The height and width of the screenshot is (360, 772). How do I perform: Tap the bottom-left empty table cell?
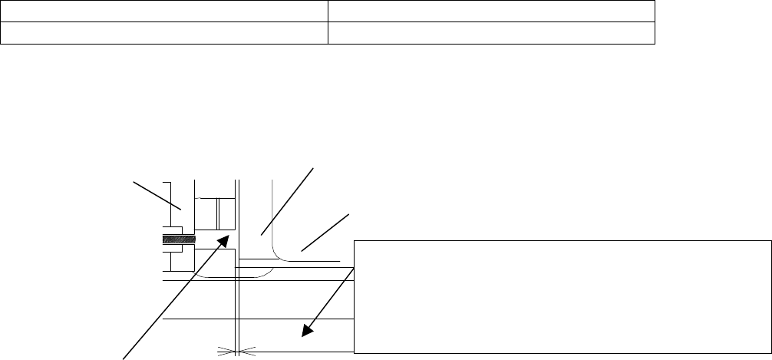point(164,32)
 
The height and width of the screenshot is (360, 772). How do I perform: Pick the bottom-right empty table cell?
point(491,32)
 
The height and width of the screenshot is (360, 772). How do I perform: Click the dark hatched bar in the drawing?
point(178,239)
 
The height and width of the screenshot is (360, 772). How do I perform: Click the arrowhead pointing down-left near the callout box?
point(306,331)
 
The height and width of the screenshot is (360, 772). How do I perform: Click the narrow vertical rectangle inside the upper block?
point(226,213)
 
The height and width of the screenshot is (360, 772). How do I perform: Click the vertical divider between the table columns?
point(328,21)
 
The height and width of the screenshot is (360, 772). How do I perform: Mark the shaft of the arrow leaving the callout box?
point(330,299)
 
